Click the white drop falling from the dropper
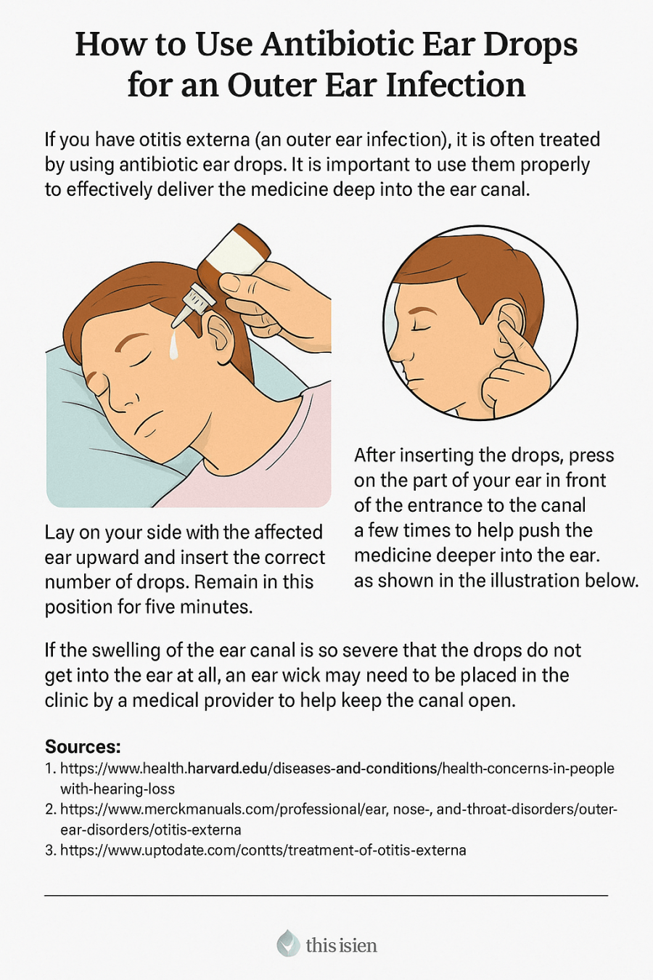pos(175,346)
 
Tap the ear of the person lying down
pos(218,335)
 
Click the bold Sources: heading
pos(83,746)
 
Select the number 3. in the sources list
pos(50,850)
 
